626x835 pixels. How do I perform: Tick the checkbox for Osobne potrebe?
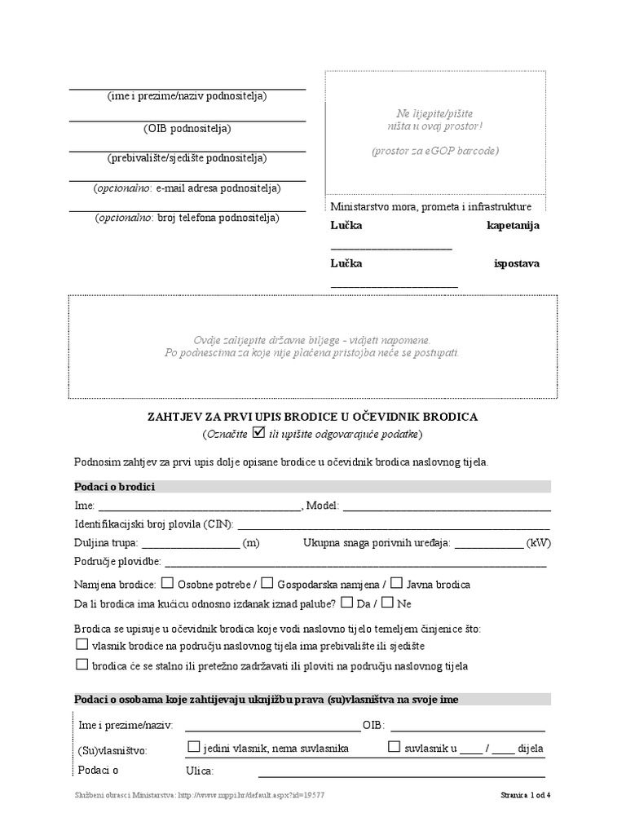167,583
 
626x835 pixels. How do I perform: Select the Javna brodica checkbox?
396,583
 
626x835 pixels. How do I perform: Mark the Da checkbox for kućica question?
346,603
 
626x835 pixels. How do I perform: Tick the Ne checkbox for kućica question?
387,603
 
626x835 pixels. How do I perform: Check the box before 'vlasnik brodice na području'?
82,644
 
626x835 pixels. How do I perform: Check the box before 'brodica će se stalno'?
82,665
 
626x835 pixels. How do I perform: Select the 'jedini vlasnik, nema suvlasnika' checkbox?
194,746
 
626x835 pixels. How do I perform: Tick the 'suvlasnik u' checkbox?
395,746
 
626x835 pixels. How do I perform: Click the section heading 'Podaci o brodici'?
115,487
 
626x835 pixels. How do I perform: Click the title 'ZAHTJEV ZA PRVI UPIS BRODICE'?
312,417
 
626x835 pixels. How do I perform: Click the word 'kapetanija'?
513,225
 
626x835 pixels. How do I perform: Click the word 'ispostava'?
517,263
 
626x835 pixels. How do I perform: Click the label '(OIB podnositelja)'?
187,128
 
